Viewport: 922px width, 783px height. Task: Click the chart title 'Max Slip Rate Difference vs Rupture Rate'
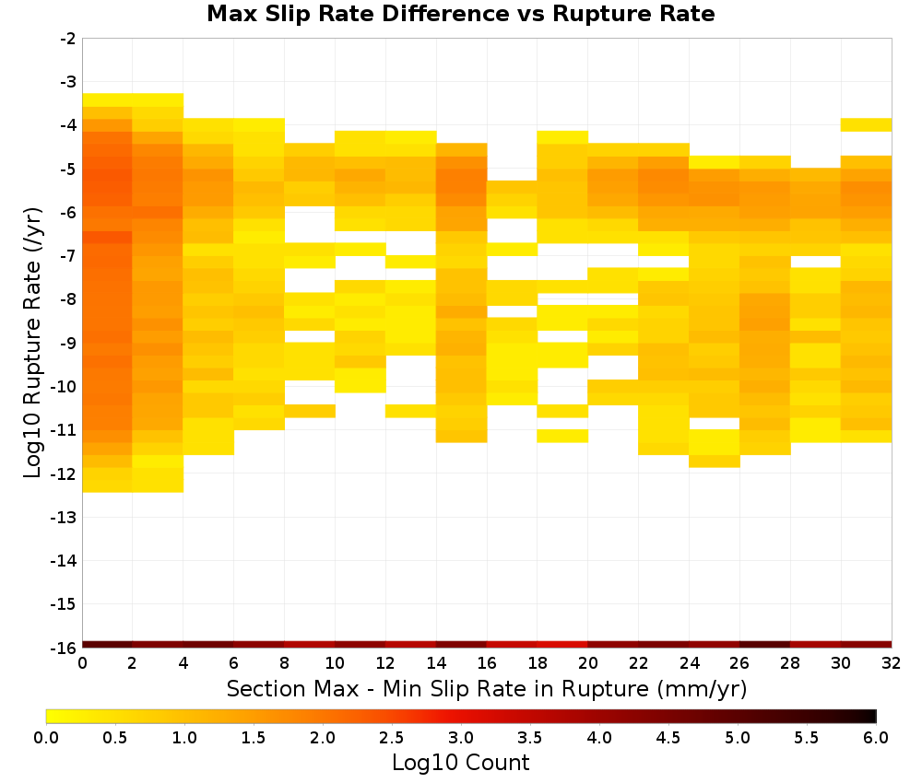[x=460, y=14]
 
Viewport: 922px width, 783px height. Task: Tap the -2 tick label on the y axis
[x=68, y=39]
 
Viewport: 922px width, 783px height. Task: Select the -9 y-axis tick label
[x=68, y=343]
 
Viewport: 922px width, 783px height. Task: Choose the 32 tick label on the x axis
[x=891, y=663]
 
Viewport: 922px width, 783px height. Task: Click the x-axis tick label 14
[x=436, y=663]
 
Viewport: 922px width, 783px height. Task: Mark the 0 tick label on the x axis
[x=82, y=663]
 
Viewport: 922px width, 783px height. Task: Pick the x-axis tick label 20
[x=587, y=663]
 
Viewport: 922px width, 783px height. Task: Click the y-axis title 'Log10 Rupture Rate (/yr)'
[x=32, y=343]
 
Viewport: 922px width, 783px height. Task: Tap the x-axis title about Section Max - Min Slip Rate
[x=487, y=688]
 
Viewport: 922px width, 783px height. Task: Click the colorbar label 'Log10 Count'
[x=460, y=763]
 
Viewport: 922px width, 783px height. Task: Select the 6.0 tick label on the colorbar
[x=876, y=738]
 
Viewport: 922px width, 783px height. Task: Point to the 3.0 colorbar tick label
[x=461, y=738]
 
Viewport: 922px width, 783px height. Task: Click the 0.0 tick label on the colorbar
[x=46, y=738]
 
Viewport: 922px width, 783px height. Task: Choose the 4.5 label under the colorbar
[x=668, y=738]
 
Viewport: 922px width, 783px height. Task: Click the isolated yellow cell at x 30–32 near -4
[x=866, y=124]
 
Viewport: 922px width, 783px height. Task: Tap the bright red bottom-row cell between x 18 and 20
[x=562, y=645]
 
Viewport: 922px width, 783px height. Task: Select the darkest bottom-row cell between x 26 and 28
[x=764, y=645]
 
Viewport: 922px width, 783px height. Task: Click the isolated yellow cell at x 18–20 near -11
[x=562, y=436]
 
